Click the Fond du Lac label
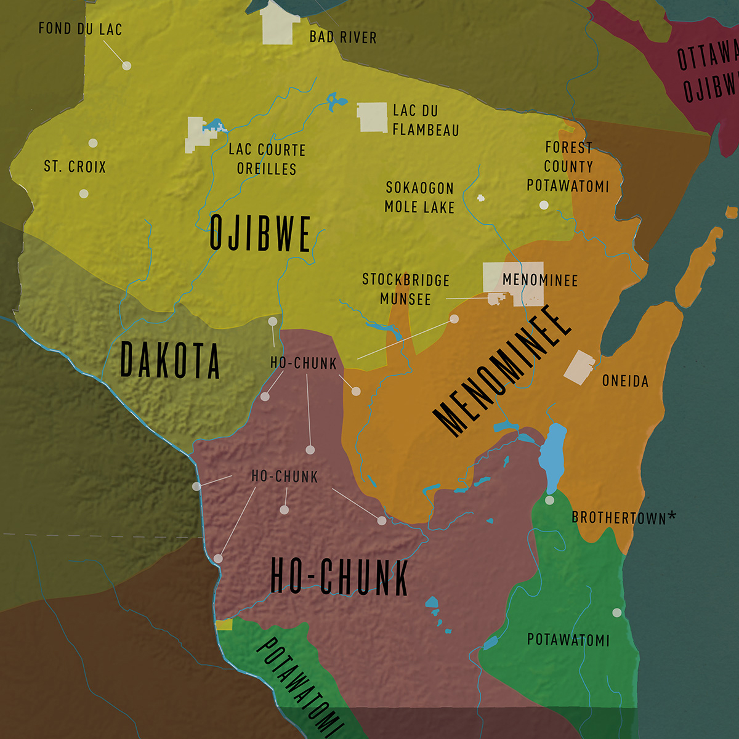(x=80, y=29)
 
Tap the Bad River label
(x=342, y=38)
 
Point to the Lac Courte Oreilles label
(x=267, y=159)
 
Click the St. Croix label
(x=75, y=167)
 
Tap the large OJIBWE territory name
(x=260, y=233)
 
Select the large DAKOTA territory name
(x=170, y=360)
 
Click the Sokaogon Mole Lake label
(x=419, y=198)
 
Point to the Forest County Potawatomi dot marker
(x=544, y=205)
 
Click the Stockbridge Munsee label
(x=405, y=289)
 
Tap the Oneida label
(x=625, y=381)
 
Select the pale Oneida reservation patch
(x=579, y=368)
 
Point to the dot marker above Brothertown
(x=550, y=500)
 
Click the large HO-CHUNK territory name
(x=339, y=577)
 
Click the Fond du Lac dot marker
(x=127, y=65)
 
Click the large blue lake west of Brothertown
(x=552, y=456)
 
